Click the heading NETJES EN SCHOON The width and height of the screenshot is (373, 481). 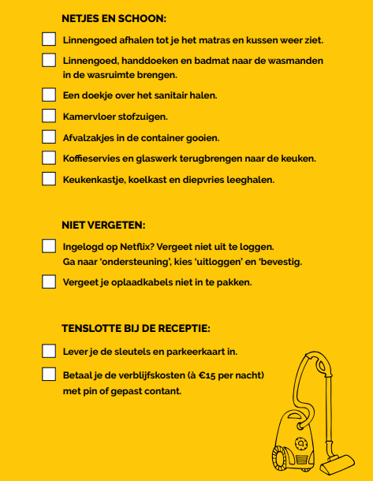(x=114, y=18)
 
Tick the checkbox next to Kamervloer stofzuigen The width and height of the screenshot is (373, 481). (x=49, y=116)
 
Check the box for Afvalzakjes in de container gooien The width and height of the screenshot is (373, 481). (x=49, y=137)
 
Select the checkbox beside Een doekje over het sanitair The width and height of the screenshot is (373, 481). (x=49, y=95)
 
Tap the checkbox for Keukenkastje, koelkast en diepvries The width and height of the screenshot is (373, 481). (x=49, y=179)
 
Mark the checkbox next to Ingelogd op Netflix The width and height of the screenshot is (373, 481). (x=49, y=246)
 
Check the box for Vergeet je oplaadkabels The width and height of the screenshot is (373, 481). (x=49, y=282)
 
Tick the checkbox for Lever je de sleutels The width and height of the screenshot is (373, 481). (x=49, y=351)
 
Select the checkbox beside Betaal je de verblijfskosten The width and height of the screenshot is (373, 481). (x=49, y=374)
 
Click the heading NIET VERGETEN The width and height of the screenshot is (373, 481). (x=103, y=225)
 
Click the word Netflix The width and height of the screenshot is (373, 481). (x=133, y=246)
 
